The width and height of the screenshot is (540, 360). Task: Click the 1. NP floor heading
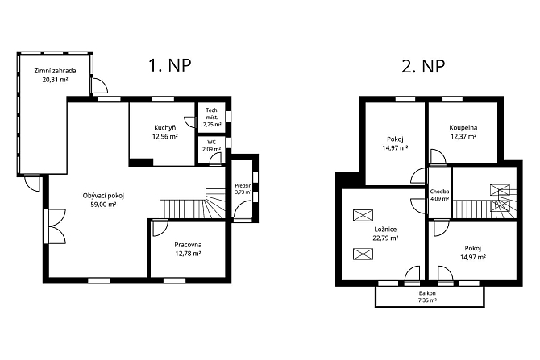click(x=169, y=65)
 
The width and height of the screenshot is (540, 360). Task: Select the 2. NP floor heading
click(x=423, y=66)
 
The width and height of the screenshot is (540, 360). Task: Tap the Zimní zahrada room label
click(x=55, y=71)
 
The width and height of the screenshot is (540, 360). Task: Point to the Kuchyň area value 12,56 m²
click(x=165, y=136)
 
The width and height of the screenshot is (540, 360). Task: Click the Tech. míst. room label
click(x=212, y=114)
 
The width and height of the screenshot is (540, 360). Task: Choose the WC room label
click(x=211, y=142)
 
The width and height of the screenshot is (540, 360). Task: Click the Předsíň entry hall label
click(x=243, y=185)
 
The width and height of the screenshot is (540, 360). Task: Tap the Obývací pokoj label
click(x=103, y=196)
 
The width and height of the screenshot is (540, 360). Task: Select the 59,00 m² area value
click(x=103, y=205)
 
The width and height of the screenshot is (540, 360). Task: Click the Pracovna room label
click(x=188, y=245)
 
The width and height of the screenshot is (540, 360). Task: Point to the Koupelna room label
click(x=463, y=128)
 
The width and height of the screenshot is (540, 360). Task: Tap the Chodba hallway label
click(x=439, y=192)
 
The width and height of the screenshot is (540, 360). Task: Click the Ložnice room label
click(x=385, y=230)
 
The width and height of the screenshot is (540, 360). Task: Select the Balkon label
click(x=427, y=293)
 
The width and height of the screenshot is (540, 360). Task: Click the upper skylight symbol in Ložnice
click(x=363, y=215)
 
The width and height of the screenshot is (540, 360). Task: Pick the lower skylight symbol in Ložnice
click(x=363, y=254)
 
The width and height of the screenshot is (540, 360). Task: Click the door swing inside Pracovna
click(x=160, y=227)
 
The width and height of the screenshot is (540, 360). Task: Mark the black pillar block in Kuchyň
click(x=141, y=162)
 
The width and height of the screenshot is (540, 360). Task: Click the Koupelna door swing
click(x=438, y=156)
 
